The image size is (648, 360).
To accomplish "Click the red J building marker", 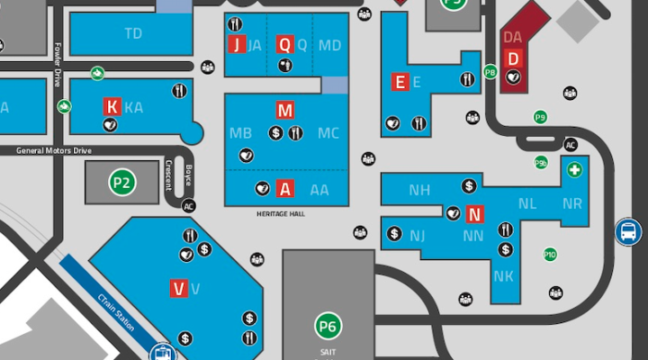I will (x=237, y=45).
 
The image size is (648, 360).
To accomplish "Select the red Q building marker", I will (x=284, y=45).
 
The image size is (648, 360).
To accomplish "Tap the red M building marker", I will (x=285, y=111).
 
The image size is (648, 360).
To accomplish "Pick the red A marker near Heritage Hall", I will (x=285, y=189).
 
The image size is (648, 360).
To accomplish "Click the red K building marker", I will (x=112, y=106).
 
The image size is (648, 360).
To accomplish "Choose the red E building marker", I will (x=400, y=83).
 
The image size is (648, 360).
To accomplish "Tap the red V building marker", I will (x=178, y=288).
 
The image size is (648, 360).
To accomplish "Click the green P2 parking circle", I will (x=121, y=183).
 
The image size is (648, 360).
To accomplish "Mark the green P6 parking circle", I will (x=328, y=326).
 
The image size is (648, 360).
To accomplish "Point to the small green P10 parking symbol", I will (x=550, y=255).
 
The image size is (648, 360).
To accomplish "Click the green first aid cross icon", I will (x=573, y=169).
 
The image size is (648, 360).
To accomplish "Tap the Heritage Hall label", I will (x=281, y=214).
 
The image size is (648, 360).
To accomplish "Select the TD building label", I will (x=133, y=34).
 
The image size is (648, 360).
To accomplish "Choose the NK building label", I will (x=503, y=275).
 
